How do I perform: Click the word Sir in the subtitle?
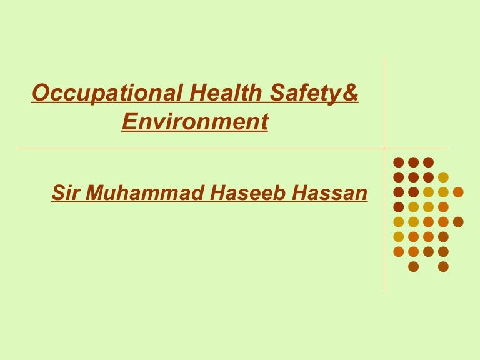pos(65,194)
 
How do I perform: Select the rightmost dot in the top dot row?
pos(428,162)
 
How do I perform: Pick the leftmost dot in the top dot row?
pos(398,162)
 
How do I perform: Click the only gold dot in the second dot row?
pos(443,177)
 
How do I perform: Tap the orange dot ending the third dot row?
pos(458,192)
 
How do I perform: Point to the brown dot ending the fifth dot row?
pos(458,222)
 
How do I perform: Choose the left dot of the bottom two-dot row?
pos(413,267)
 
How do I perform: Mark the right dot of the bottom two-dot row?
pos(443,267)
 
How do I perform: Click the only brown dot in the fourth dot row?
pos(398,207)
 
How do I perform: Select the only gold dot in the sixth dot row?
pos(398,237)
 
